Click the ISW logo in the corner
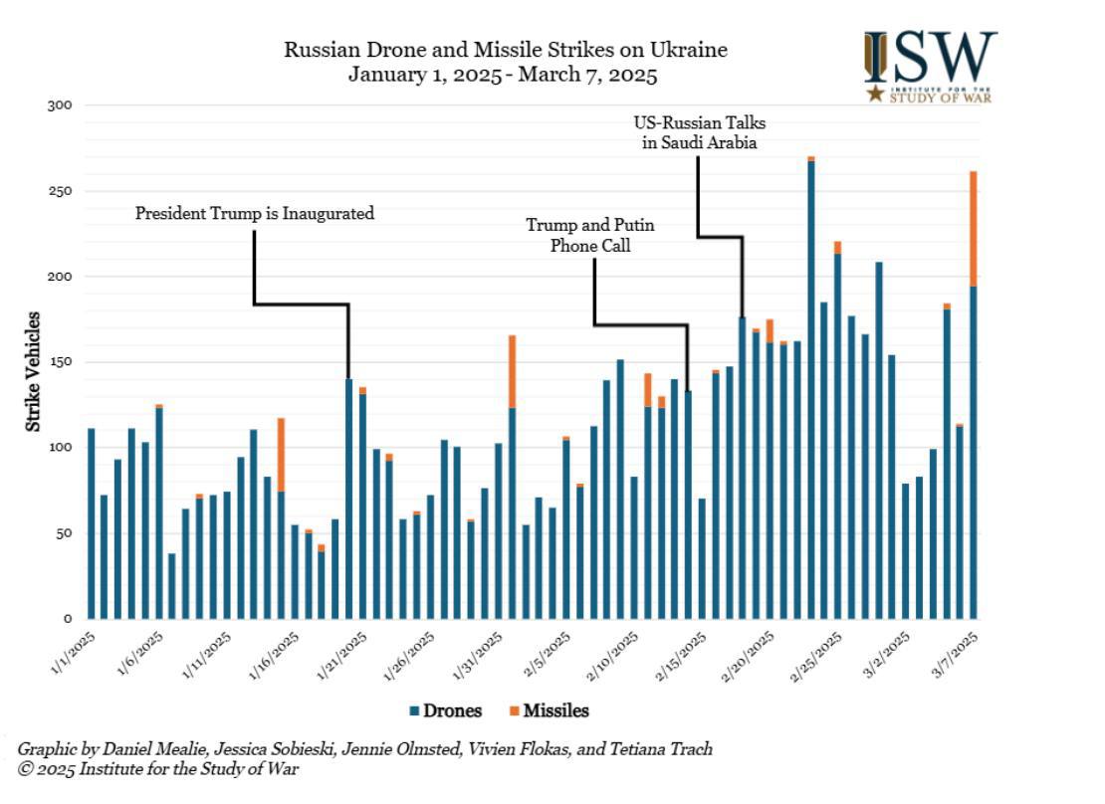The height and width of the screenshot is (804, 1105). coord(930,66)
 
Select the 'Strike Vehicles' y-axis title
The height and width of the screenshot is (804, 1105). coord(33,371)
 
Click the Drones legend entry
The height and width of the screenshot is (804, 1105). coord(445,710)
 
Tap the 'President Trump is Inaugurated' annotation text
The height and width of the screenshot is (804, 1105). coord(255,213)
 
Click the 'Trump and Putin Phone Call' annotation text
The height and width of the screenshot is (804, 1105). coord(590,235)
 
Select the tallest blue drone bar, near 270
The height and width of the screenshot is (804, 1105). coord(811,388)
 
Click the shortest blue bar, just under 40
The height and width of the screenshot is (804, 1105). coord(172,586)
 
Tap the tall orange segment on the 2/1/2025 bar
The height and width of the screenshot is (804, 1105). coord(512,370)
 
